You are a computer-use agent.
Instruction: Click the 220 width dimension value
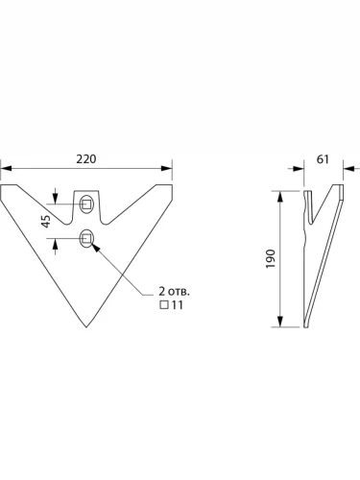click(86, 159)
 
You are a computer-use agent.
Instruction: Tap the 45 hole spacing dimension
click(46, 221)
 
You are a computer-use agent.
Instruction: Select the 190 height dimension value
click(271, 258)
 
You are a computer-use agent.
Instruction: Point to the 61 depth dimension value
click(323, 159)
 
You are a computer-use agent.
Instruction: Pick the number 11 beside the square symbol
click(178, 305)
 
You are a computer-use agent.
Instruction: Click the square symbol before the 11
click(164, 305)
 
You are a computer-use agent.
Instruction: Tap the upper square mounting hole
click(85, 204)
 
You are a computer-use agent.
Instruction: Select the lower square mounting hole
click(85, 238)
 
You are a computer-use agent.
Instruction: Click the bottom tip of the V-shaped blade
click(86, 327)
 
